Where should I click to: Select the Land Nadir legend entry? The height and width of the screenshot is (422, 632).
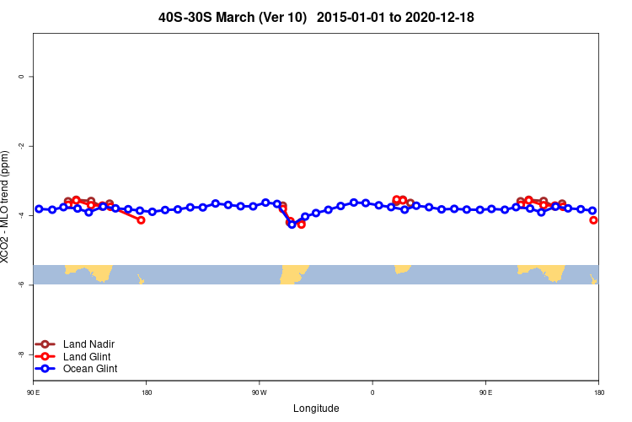pyautogui.click(x=88, y=344)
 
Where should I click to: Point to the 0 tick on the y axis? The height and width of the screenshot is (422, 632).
pyautogui.click(x=21, y=77)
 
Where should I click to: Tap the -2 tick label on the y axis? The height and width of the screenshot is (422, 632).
pyautogui.click(x=21, y=146)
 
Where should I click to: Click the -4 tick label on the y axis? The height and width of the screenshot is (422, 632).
pyautogui.click(x=21, y=215)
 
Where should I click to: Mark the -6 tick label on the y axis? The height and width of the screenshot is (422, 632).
pyautogui.click(x=21, y=285)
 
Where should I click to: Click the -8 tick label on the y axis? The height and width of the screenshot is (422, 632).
pyautogui.click(x=21, y=354)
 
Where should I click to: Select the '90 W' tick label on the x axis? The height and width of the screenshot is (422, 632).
pyautogui.click(x=259, y=392)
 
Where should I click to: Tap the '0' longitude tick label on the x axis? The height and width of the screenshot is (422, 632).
pyautogui.click(x=372, y=392)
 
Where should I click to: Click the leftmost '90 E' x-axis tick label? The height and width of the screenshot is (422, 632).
pyautogui.click(x=34, y=392)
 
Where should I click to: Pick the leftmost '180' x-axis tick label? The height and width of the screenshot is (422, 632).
pyautogui.click(x=147, y=392)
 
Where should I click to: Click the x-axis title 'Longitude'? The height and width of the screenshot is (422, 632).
pyautogui.click(x=316, y=408)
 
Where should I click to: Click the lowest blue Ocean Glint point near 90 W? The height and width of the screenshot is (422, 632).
pyautogui.click(x=292, y=224)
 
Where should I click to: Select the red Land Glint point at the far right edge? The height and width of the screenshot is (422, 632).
pyautogui.click(x=594, y=220)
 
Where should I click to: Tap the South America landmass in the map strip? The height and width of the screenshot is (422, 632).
pyautogui.click(x=294, y=273)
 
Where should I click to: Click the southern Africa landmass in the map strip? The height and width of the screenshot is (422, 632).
pyautogui.click(x=402, y=268)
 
